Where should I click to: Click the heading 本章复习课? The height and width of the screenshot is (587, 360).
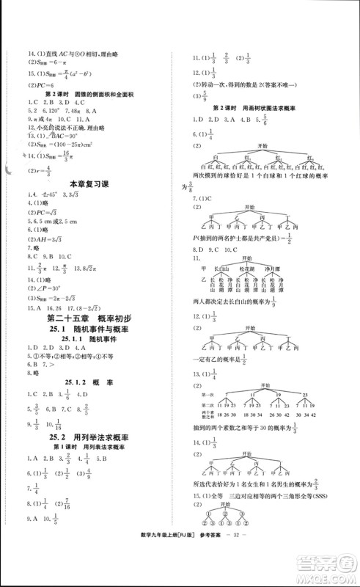(x=88, y=183)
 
